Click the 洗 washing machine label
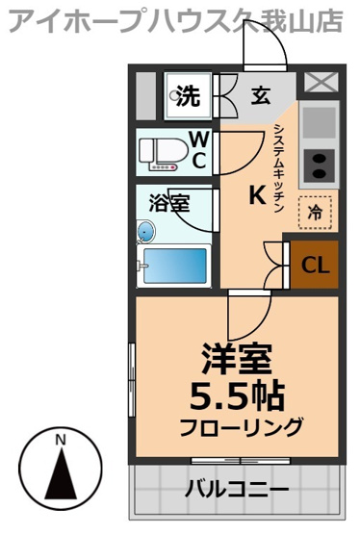point(188,95)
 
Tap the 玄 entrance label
point(260,95)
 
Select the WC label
point(196,150)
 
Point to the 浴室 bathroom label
point(168,204)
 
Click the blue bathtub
point(174,263)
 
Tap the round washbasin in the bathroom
point(145,231)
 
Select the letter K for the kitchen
point(257,194)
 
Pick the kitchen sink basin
point(319,122)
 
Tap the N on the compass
point(60,441)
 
